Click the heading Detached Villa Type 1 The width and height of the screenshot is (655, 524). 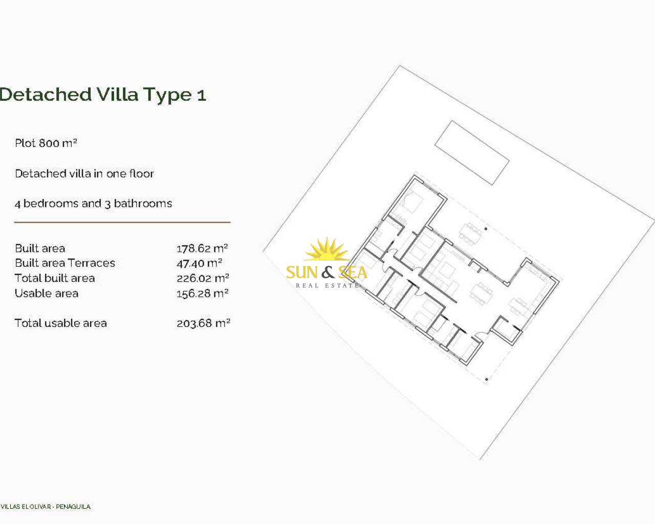click(x=103, y=95)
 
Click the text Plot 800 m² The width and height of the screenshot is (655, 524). click(x=46, y=143)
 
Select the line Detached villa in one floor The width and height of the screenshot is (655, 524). click(x=84, y=173)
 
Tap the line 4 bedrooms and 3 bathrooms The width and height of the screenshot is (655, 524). click(x=94, y=203)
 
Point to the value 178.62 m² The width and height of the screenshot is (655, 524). click(x=203, y=249)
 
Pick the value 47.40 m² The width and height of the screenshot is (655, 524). click(x=200, y=263)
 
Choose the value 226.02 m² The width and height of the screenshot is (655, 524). click(x=203, y=278)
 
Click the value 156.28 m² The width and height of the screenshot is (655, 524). click(x=203, y=294)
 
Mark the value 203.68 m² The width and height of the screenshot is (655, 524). click(x=203, y=323)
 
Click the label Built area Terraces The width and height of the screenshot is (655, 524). click(x=65, y=263)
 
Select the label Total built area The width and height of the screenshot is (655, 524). click(x=55, y=278)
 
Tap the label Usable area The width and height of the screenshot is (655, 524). click(x=47, y=294)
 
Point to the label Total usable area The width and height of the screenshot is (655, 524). click(x=61, y=323)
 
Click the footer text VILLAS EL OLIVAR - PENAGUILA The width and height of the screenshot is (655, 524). click(x=46, y=507)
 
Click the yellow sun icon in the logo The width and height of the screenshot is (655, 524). click(x=326, y=249)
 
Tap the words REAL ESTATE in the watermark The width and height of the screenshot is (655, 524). click(x=327, y=286)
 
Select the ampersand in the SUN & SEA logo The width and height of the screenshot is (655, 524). click(x=328, y=272)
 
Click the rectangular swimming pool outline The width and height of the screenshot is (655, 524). click(x=472, y=153)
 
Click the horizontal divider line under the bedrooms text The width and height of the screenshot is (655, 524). click(x=122, y=223)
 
